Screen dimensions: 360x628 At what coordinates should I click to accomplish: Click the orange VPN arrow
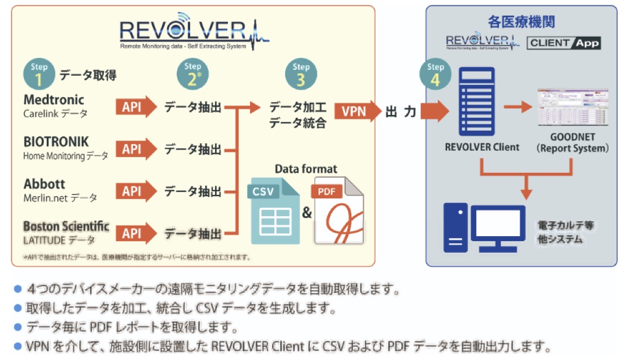358,112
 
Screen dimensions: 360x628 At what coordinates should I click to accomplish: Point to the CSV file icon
271,211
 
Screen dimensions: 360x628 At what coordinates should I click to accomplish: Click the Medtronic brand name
54,100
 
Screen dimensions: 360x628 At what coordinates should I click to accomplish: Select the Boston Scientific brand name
66,227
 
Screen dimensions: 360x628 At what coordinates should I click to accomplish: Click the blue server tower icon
476,102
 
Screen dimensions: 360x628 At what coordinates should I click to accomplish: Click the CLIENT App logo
564,43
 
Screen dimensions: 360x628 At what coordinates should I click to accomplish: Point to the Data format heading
306,169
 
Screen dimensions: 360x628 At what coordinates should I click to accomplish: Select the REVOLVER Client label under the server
482,147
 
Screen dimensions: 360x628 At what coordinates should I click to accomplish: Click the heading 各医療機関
521,23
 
